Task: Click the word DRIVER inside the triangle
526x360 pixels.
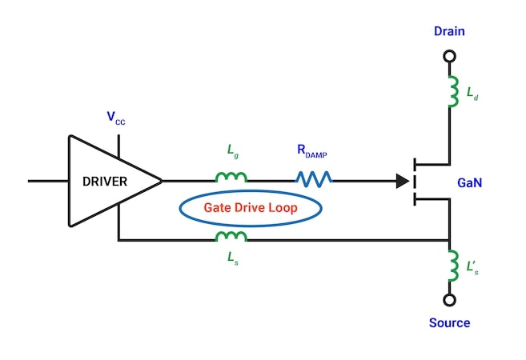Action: tap(104, 181)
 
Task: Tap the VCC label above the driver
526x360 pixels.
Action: tap(116, 118)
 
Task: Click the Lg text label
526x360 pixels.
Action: tap(232, 150)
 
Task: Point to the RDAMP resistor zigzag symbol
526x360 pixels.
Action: tap(314, 179)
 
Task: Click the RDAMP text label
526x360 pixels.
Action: tap(313, 150)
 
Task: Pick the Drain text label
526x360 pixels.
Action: tap(449, 31)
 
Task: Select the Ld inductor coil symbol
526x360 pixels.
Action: tap(450, 91)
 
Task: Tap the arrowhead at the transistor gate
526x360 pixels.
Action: tap(402, 182)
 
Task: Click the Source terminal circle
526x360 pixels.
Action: tap(449, 300)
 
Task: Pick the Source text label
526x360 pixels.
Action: tap(449, 323)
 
